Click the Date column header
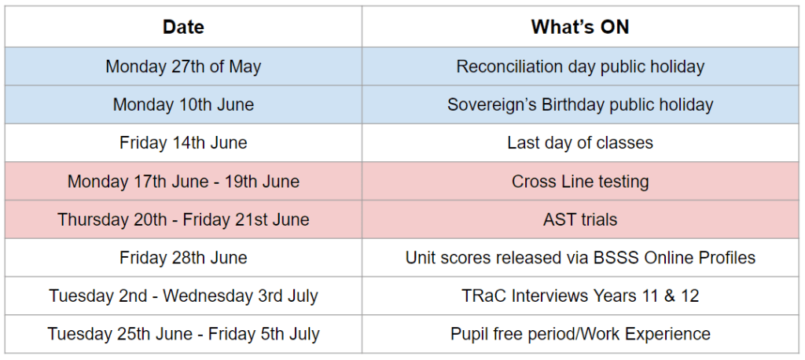pos(183,27)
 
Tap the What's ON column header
pos(580,27)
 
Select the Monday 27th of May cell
pos(183,67)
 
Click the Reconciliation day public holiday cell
pos(580,67)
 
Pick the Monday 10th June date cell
pos(183,105)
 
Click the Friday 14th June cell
pos(183,143)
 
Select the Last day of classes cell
pos(580,143)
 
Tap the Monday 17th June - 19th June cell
pos(183,182)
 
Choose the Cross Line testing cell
pos(580,182)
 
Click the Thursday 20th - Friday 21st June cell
pos(183,220)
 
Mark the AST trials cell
pos(580,220)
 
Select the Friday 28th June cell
pos(183,258)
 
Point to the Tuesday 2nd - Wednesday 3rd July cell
pos(183,296)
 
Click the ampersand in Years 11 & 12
pos(669,296)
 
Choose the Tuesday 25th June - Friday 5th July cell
pos(183,334)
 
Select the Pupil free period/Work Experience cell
pos(580,334)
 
